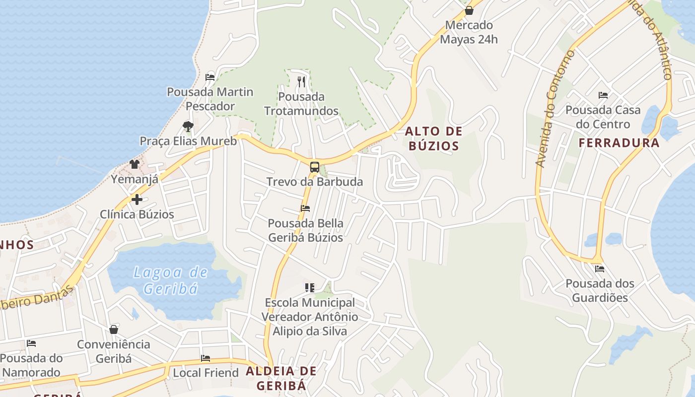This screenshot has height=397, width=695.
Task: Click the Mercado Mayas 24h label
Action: [469, 32]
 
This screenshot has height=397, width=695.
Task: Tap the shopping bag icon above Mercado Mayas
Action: [469, 10]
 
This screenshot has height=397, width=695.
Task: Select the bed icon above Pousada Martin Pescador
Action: [210, 77]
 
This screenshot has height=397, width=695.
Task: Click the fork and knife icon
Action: [301, 81]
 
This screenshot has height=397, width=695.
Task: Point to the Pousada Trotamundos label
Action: [301, 104]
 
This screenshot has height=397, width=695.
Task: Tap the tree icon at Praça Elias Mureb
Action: [188, 126]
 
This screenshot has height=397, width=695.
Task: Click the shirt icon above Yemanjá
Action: [135, 164]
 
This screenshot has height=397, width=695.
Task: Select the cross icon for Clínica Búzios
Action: [137, 199]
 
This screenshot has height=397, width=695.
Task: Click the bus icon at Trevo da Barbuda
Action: [315, 167]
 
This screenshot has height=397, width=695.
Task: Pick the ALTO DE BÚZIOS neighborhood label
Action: [433, 138]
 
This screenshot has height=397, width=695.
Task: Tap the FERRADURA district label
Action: [619, 143]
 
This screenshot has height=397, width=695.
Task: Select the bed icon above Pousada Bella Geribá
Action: [305, 208]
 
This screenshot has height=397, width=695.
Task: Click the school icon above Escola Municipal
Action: [310, 287]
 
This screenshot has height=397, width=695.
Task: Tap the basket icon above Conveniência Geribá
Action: [114, 330]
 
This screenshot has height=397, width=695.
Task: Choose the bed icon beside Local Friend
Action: [206, 358]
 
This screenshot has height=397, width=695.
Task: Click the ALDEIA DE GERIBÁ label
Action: [281, 378]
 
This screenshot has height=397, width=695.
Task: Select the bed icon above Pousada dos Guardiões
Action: [600, 269]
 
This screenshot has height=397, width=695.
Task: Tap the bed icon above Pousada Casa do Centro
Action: [603, 95]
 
